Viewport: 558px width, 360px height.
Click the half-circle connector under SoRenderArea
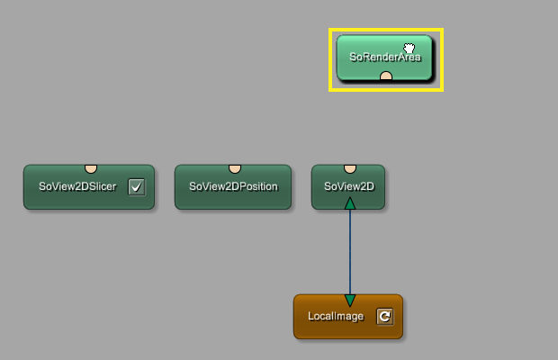[386, 77]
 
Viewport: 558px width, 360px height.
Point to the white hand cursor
[409, 49]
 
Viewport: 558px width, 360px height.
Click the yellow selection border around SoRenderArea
[330, 59]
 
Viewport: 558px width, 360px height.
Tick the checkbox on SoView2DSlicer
[136, 187]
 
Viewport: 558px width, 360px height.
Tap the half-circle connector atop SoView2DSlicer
[91, 168]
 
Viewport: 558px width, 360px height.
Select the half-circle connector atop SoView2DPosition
[234, 168]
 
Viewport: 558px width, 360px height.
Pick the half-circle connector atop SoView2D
[349, 168]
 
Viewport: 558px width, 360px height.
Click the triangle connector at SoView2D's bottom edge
[349, 203]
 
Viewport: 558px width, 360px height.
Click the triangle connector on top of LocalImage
[349, 300]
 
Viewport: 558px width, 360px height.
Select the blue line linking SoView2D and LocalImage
[349, 252]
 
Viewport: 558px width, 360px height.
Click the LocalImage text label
[335, 317]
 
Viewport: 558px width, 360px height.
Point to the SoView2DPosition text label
[233, 187]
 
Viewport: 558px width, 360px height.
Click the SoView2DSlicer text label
[76, 187]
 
